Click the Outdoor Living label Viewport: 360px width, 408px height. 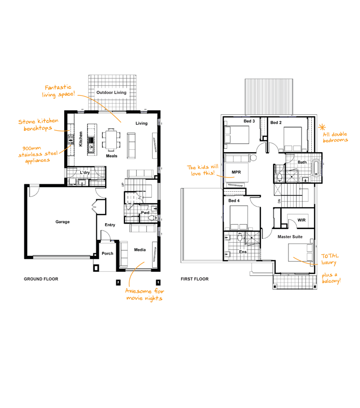111,92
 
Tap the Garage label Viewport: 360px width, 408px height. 62,222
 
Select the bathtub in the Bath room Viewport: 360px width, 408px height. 316,168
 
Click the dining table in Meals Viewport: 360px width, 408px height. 111,139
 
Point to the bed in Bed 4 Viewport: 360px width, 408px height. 239,217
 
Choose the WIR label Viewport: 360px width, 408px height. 302,220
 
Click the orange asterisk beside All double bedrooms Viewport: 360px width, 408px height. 322,127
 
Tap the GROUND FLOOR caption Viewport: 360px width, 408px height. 41,279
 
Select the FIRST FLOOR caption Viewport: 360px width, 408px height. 195,279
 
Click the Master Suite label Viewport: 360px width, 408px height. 290,237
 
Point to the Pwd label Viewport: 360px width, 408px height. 145,213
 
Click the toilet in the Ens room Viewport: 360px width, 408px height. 240,237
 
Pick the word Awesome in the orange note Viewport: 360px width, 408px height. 138,291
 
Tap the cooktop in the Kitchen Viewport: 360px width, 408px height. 71,140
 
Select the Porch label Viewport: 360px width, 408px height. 108,253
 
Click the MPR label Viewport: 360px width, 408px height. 236,172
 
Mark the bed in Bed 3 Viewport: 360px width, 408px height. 236,135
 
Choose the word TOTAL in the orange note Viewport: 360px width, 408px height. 330,256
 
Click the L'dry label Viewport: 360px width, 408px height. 85,172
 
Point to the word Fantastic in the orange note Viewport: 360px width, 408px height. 58,88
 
